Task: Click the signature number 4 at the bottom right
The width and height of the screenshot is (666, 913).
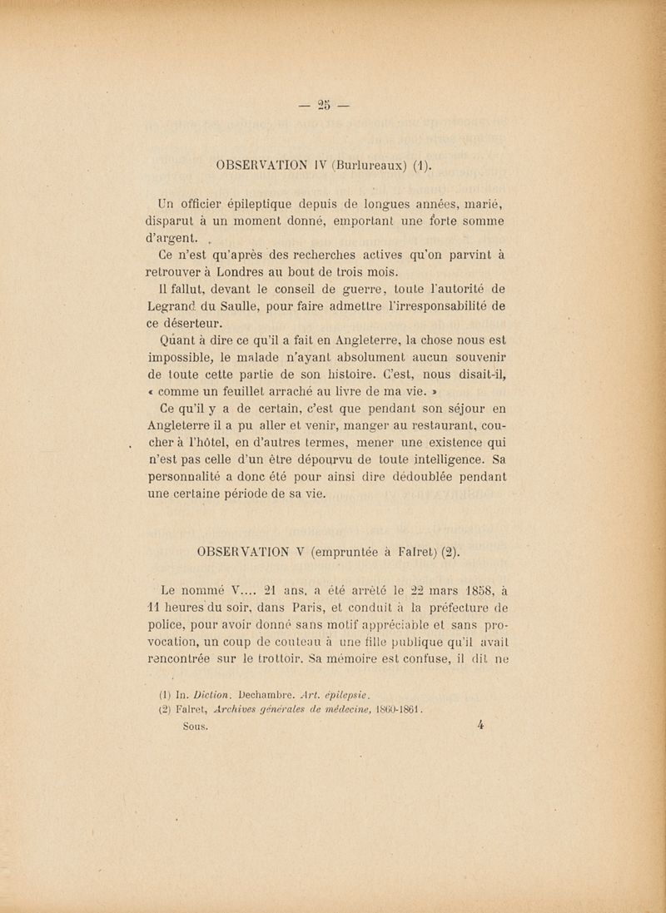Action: tap(481, 724)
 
